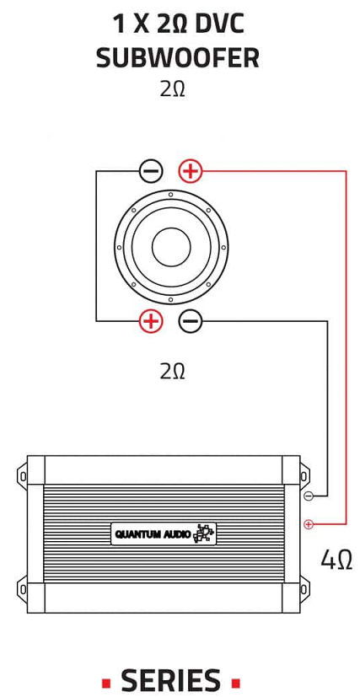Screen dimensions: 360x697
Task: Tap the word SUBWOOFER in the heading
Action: [178, 57]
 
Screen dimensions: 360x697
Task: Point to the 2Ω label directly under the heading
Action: [172, 89]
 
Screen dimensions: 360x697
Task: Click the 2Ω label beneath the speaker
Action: [172, 371]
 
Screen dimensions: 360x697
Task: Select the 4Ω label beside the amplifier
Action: [336, 559]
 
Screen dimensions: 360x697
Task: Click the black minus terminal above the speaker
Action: [152, 171]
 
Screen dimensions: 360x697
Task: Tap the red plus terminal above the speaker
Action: [191, 171]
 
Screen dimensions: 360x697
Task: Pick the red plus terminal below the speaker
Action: [152, 320]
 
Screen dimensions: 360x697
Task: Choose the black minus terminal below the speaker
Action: [191, 320]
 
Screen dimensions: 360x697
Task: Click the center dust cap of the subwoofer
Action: [171, 247]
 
